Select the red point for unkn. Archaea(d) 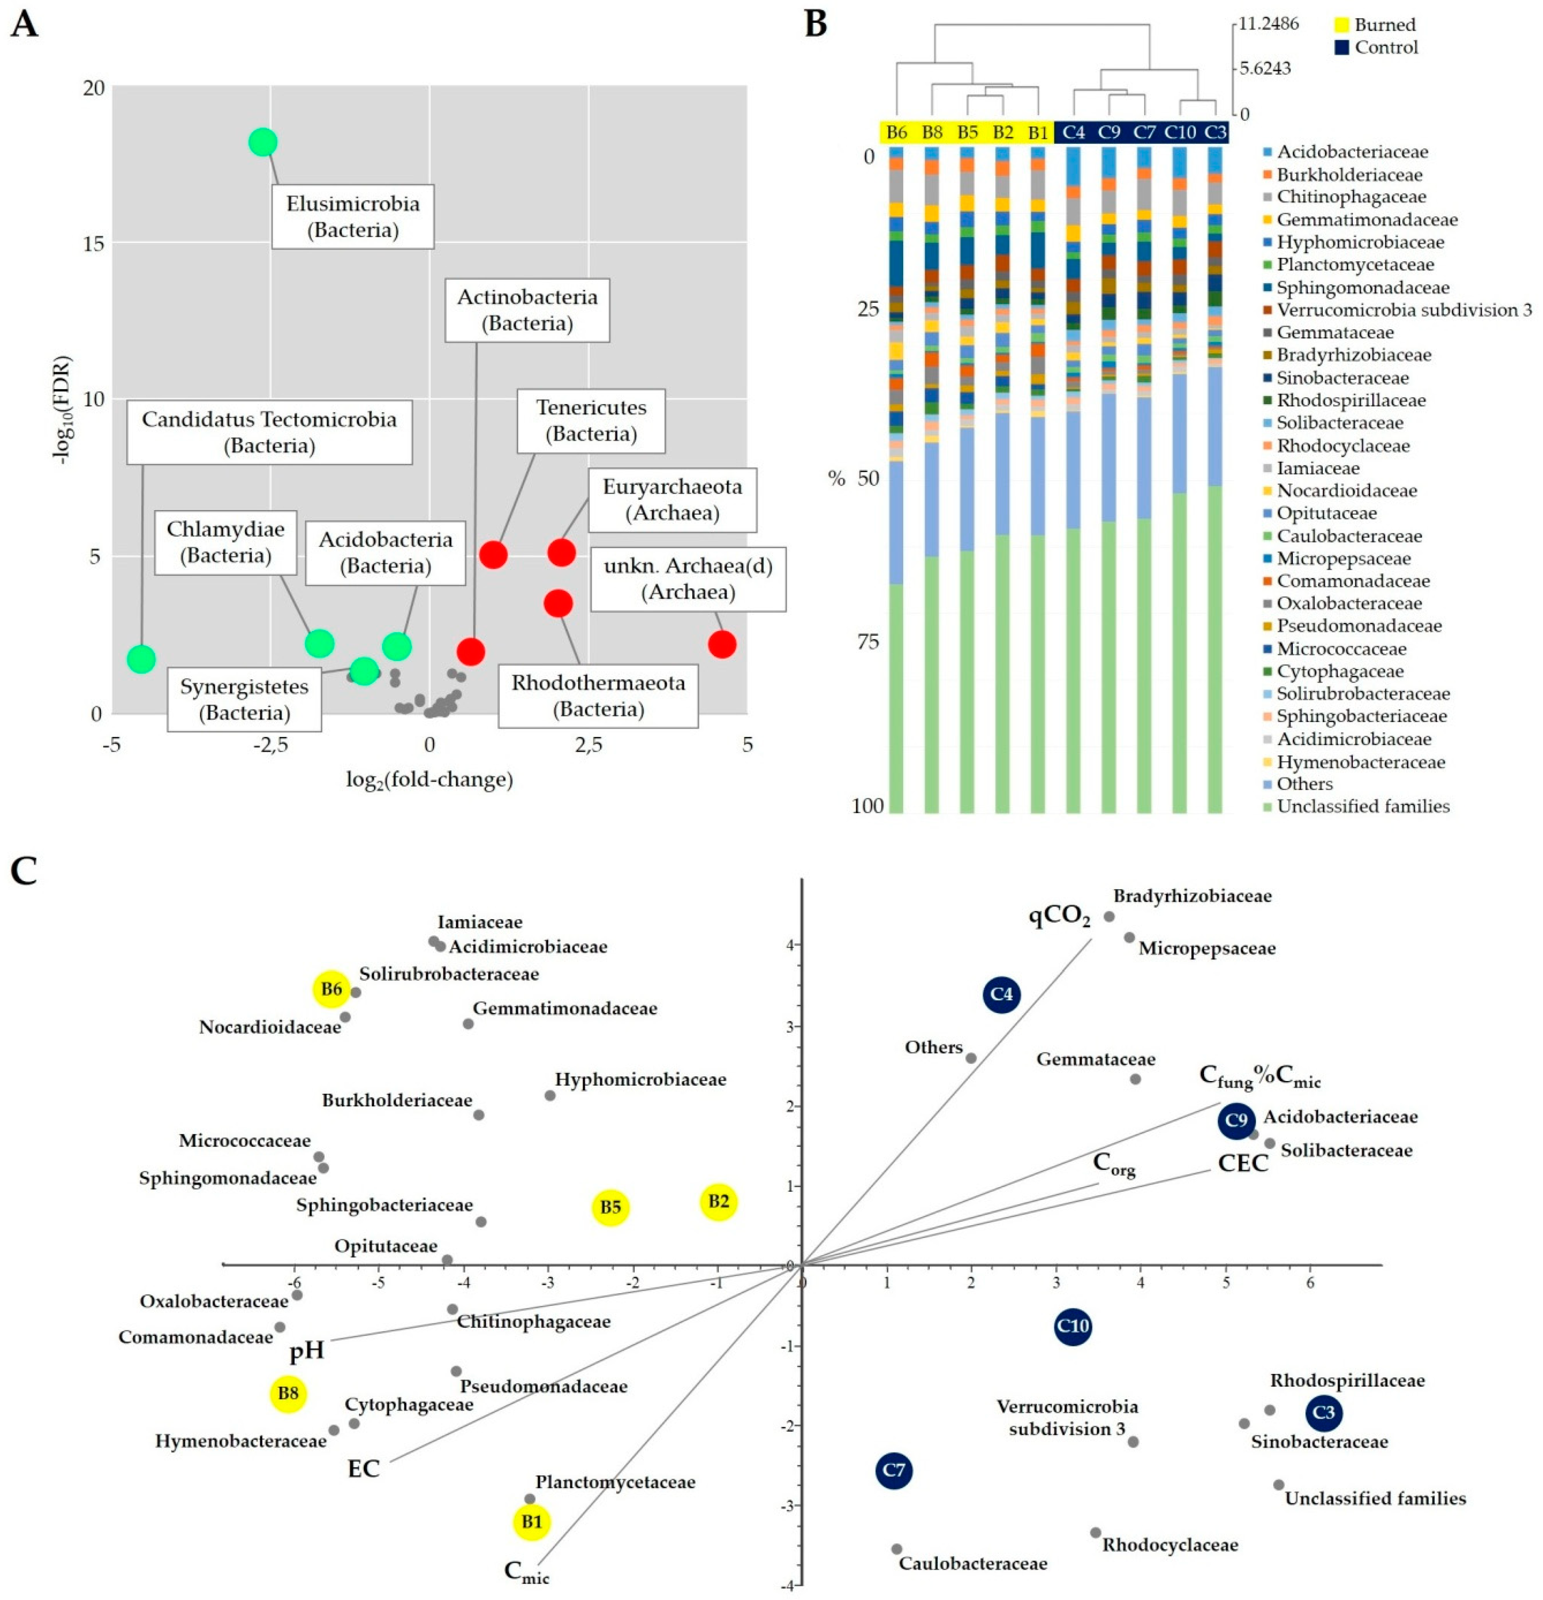pyautogui.click(x=722, y=644)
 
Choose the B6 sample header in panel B pyautogui.click(x=896, y=132)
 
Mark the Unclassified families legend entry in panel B pyautogui.click(x=1363, y=806)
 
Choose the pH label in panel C pyautogui.click(x=307, y=1351)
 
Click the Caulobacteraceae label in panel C pyautogui.click(x=972, y=1563)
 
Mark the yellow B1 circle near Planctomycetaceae pyautogui.click(x=532, y=1522)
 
